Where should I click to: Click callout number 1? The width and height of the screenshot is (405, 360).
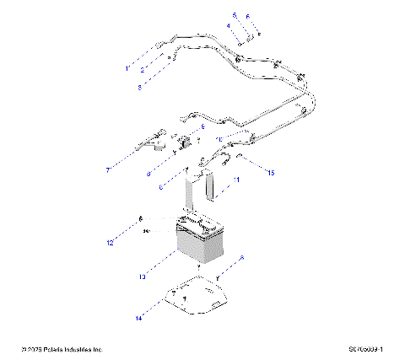coord(127,67)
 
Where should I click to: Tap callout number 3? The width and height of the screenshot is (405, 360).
coord(140,86)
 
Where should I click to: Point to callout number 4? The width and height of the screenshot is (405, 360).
coord(227,26)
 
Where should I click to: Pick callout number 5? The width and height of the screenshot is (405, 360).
coord(235,16)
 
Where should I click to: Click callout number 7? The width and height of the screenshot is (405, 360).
coord(108,169)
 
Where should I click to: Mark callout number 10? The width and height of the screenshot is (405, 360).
coord(219,139)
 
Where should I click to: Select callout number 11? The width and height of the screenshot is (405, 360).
coord(236,180)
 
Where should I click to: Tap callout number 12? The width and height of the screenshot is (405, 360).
coord(109,244)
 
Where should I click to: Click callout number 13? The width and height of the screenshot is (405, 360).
coord(143,277)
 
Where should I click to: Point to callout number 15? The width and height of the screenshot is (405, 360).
coord(271,173)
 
